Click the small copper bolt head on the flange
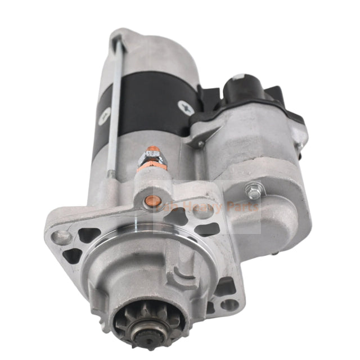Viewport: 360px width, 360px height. point(150,199)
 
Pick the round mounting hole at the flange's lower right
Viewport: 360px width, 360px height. point(229,304)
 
